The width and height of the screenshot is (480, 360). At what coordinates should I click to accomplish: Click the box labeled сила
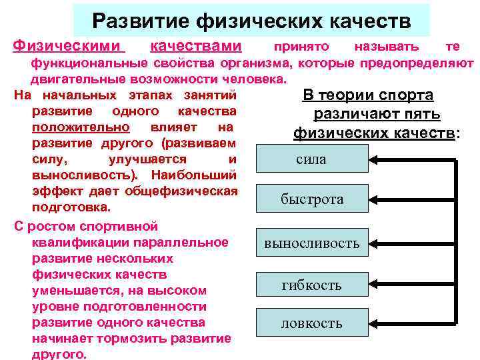[311, 160]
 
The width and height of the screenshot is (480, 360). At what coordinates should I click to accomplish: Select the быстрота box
[311, 199]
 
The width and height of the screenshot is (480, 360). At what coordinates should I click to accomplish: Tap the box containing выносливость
[311, 243]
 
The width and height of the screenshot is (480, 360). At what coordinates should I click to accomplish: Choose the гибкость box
[311, 285]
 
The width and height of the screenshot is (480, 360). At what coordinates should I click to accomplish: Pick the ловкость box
[311, 323]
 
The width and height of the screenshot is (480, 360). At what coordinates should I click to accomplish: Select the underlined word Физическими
[69, 46]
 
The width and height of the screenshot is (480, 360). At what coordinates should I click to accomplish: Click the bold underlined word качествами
[196, 46]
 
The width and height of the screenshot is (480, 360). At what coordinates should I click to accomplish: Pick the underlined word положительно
[81, 127]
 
